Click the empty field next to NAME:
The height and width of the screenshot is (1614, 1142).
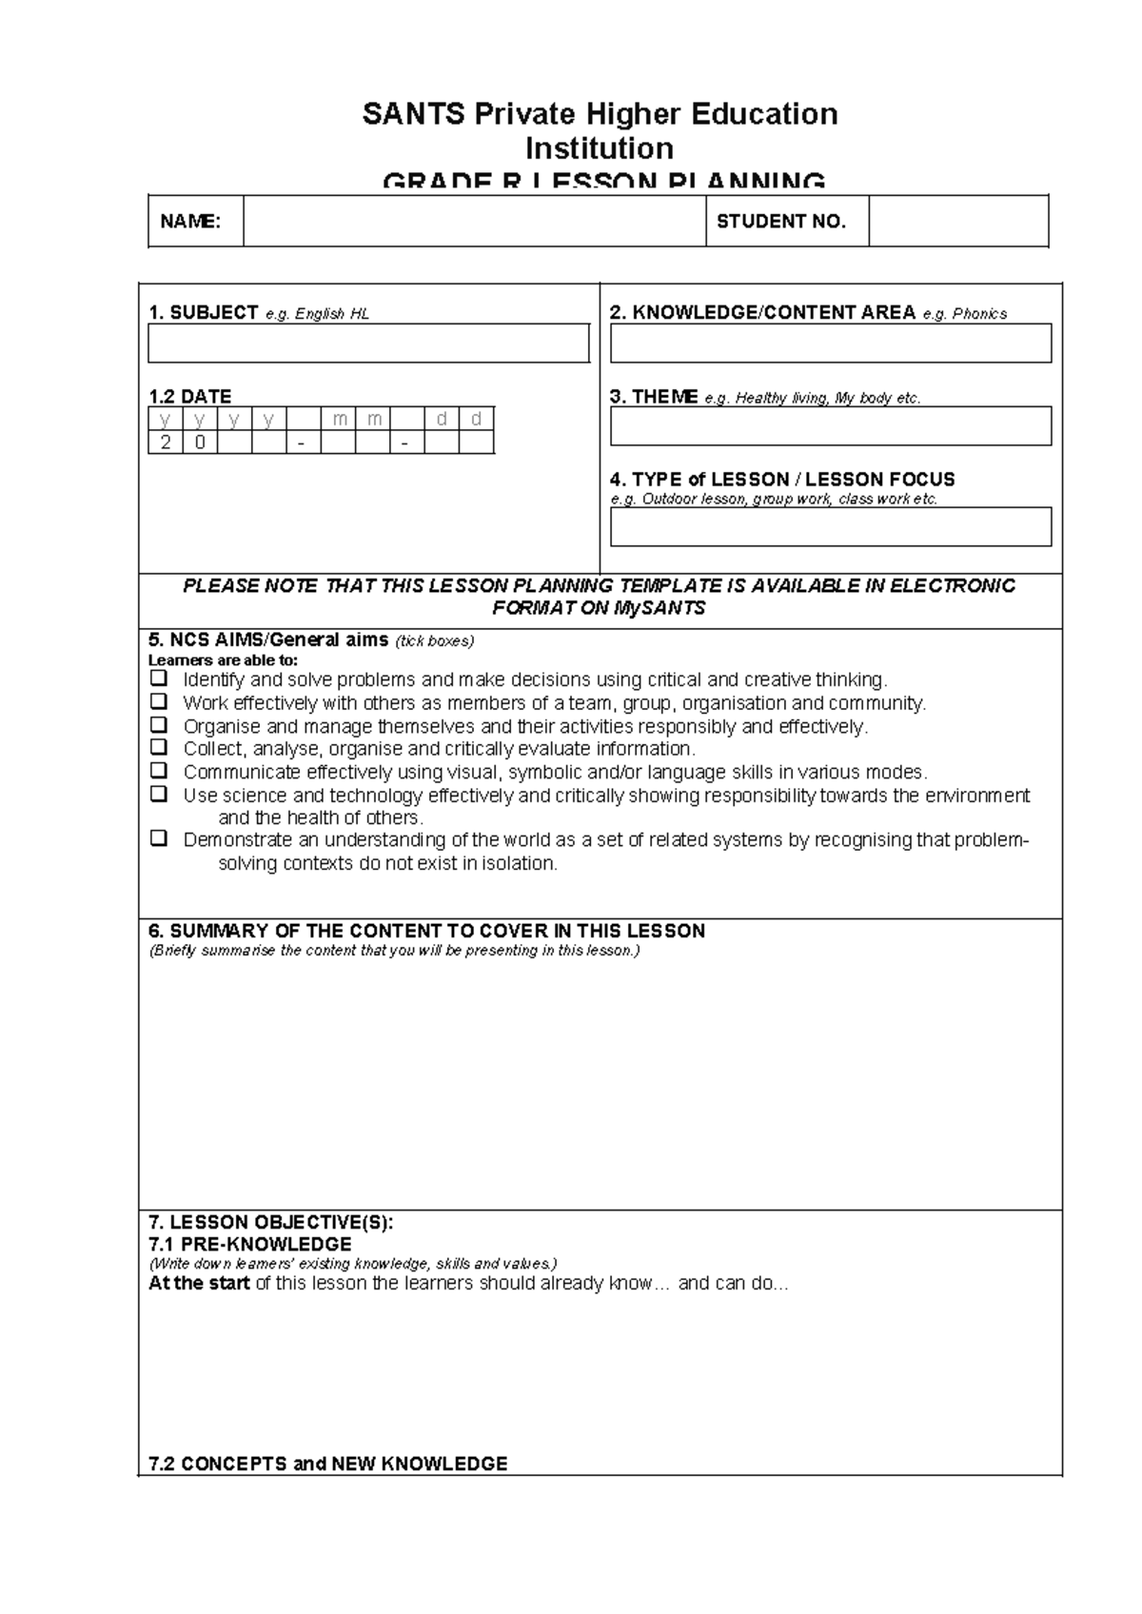pos(474,222)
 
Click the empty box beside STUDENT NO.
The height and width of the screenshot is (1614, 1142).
pos(957,222)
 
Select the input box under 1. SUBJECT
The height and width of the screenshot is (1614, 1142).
pos(368,344)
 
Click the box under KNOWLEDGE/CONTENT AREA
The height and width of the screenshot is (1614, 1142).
pos(830,344)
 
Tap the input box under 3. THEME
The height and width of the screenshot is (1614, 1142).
pos(830,426)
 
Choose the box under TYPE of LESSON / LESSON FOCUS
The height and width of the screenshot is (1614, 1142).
pos(830,527)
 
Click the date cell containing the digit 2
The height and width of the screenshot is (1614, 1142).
pos(166,443)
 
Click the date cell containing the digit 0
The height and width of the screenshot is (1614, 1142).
pos(200,443)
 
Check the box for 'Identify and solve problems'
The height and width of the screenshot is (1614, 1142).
pos(159,679)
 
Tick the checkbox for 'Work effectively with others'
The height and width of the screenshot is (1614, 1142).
pos(159,702)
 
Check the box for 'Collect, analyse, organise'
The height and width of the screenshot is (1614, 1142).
pos(159,747)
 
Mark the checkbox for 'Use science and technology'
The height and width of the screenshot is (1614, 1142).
pos(159,794)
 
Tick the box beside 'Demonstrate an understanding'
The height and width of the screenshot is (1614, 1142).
pos(159,838)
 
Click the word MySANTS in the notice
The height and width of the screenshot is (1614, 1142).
pos(660,608)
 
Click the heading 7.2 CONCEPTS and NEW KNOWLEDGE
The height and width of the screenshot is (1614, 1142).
pos(327,1464)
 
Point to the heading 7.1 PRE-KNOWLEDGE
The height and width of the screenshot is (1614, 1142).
pos(249,1245)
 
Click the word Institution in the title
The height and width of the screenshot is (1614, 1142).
pos(600,148)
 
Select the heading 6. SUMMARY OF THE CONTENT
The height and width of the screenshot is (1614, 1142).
pos(426,931)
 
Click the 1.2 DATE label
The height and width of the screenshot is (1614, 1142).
pos(189,396)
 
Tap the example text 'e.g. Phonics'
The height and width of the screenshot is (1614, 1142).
pos(964,314)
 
